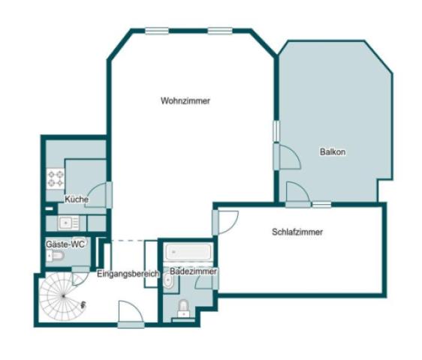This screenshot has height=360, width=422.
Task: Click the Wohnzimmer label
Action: (185, 101)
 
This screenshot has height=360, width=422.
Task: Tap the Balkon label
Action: (332, 151)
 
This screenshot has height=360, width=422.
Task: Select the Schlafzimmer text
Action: (297, 232)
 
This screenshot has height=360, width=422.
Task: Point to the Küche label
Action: (77, 199)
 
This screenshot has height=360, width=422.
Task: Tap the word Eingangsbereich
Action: (128, 274)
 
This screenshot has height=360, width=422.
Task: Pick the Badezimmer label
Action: (193, 270)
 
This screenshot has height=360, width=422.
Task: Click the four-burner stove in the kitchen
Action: (56, 178)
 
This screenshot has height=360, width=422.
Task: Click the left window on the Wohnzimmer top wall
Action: (157, 31)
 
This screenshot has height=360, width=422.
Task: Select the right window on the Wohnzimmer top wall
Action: (219, 31)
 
